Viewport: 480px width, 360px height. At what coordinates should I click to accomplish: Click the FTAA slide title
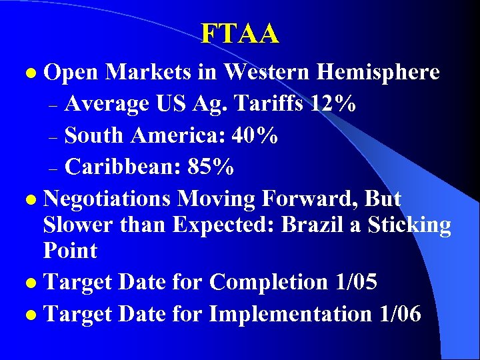(240, 33)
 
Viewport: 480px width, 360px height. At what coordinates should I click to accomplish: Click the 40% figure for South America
(255, 135)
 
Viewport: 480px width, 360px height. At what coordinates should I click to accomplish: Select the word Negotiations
(109, 199)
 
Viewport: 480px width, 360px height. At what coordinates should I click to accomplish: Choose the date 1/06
(399, 313)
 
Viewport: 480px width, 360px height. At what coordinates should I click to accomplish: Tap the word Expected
(223, 225)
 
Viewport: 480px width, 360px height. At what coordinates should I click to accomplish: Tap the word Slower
(79, 225)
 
